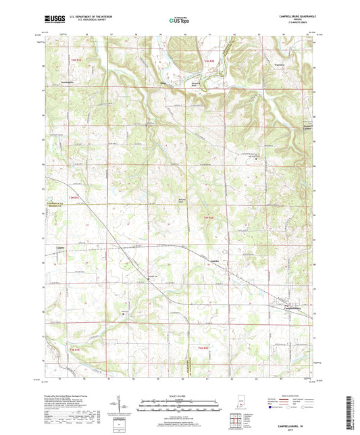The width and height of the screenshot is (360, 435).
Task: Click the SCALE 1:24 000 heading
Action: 180,396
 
